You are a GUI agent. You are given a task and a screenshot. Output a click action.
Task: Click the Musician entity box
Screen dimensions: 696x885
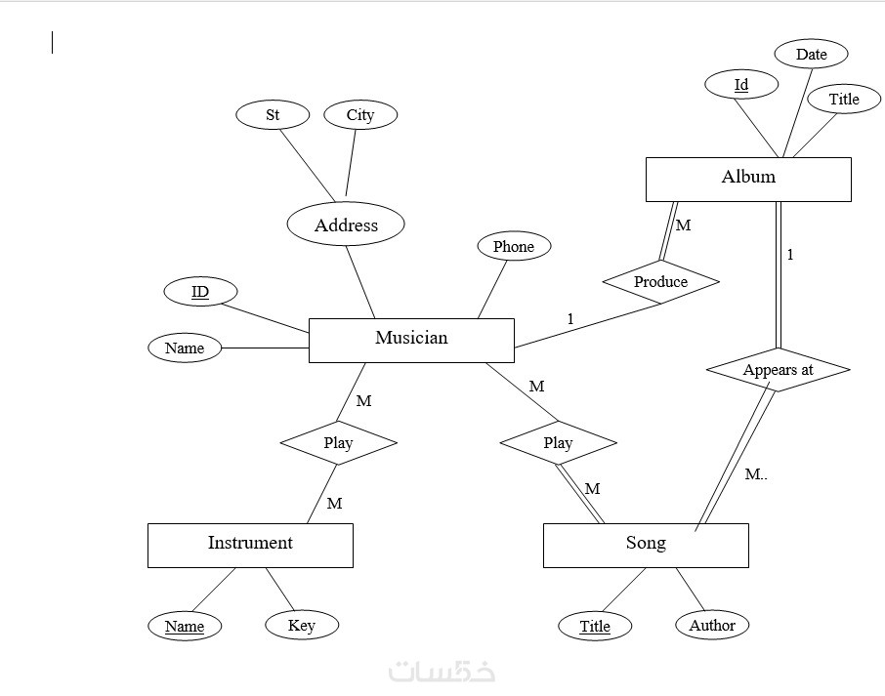[411, 340]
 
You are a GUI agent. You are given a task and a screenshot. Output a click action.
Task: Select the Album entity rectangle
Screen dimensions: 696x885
[748, 179]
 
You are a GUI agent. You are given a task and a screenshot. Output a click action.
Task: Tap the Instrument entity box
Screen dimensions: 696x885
[250, 545]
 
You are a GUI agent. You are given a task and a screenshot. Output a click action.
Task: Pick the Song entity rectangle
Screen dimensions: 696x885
[646, 545]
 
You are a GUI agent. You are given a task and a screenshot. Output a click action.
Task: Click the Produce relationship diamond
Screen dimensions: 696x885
[661, 281]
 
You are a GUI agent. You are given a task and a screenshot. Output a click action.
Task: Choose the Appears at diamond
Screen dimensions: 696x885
[778, 370]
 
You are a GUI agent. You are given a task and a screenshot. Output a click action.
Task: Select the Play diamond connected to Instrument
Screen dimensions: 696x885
[338, 443]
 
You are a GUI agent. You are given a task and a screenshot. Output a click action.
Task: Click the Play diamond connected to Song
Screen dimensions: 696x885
[558, 443]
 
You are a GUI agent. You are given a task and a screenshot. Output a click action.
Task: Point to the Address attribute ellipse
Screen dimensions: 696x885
[346, 225]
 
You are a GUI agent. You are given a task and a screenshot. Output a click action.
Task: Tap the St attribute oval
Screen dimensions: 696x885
[273, 115]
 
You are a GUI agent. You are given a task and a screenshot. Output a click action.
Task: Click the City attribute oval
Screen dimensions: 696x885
[360, 115]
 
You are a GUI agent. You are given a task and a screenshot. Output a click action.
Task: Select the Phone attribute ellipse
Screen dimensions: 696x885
[514, 247]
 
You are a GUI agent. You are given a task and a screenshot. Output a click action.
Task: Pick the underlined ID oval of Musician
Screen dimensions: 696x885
[200, 292]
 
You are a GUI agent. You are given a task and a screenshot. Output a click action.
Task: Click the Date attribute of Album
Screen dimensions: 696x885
[811, 55]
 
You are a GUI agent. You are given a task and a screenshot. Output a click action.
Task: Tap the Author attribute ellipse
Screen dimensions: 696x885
[712, 625]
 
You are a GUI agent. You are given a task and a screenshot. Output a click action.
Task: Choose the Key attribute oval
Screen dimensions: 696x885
[302, 625]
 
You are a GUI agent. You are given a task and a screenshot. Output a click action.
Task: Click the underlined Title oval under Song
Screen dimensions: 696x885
[595, 626]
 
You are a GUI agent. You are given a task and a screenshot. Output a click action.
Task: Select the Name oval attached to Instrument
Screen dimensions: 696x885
[185, 626]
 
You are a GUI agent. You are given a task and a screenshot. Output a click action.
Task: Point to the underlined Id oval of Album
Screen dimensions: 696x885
[741, 85]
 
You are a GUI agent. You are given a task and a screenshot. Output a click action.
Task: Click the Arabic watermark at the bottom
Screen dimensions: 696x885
[442, 672]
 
